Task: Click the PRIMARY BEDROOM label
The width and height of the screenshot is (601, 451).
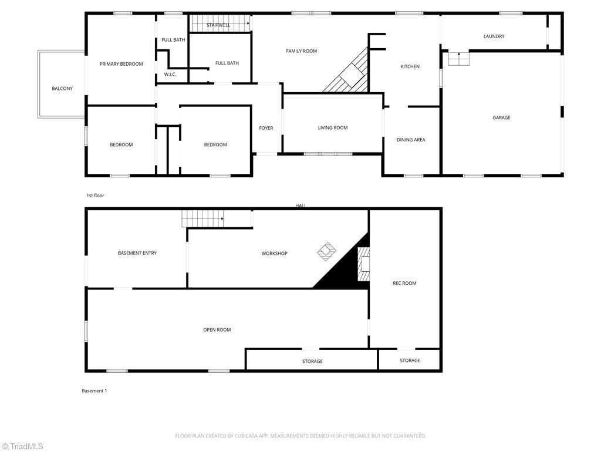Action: (121, 64)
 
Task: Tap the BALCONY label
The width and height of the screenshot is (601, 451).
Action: (62, 89)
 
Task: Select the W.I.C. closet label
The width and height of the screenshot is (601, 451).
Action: (170, 75)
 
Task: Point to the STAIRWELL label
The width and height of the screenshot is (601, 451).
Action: (218, 25)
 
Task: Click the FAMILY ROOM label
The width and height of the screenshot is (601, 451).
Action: (301, 51)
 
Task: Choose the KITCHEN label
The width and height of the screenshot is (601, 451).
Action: (410, 67)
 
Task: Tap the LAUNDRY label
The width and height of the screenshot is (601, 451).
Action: (494, 36)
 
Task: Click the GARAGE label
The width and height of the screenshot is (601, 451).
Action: (501, 118)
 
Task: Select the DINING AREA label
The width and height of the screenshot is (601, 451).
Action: (411, 140)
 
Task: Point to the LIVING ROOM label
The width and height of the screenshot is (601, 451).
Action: (333, 128)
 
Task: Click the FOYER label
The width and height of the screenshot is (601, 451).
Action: (266, 128)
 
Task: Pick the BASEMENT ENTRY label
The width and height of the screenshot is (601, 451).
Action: (137, 253)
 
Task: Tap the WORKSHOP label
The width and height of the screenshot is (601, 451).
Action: (274, 254)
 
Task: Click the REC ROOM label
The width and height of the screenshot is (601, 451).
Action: (404, 283)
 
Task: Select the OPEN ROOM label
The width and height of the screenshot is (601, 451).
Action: (217, 330)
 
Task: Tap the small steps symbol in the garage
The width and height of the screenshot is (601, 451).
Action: (458, 59)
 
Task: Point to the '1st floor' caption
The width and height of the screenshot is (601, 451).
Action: (95, 196)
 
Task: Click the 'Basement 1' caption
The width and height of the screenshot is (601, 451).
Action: (94, 391)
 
